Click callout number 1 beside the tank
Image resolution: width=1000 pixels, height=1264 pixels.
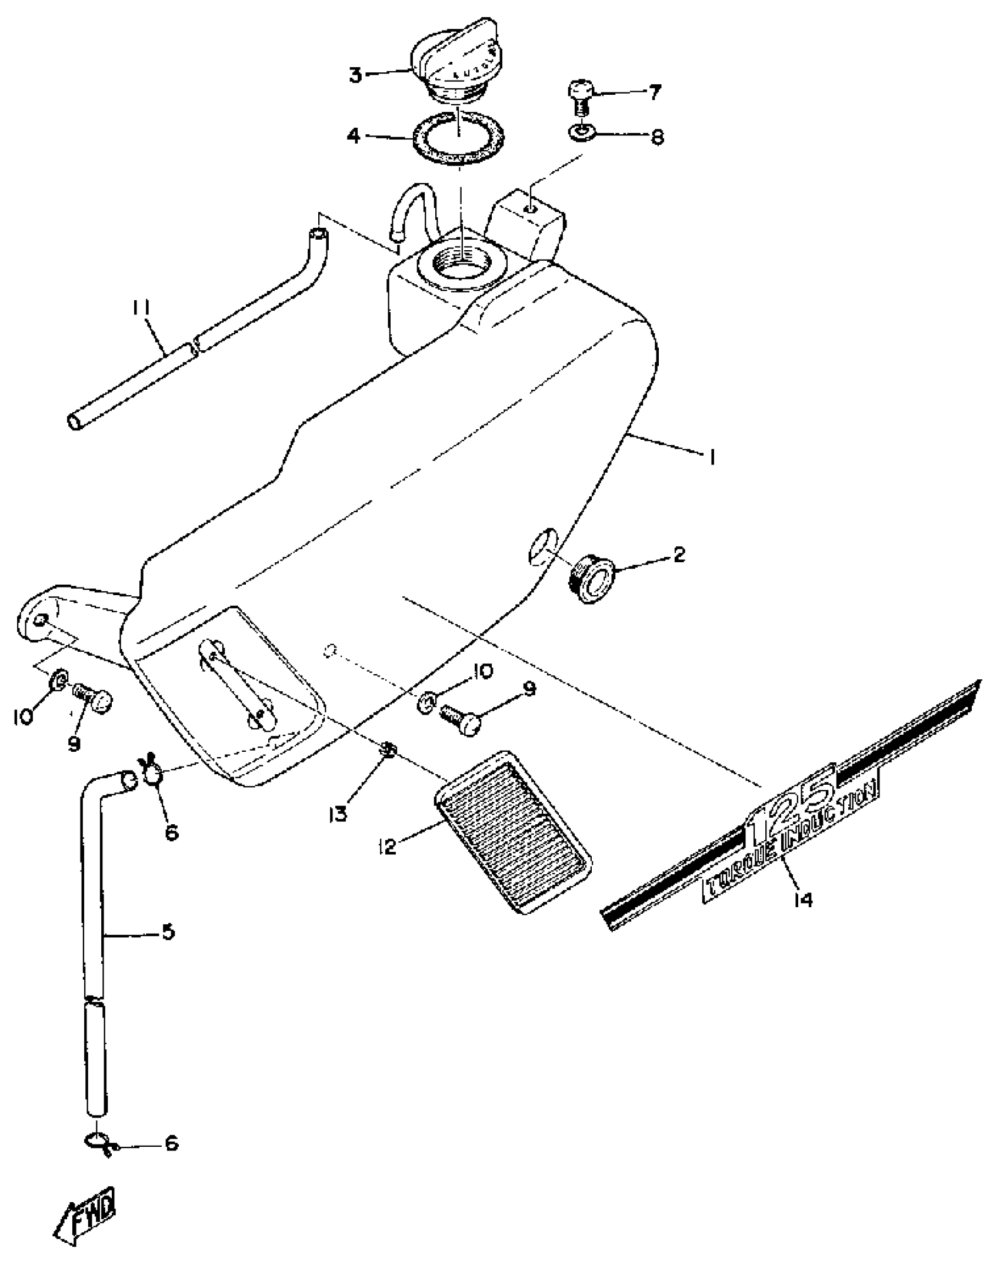711,457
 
